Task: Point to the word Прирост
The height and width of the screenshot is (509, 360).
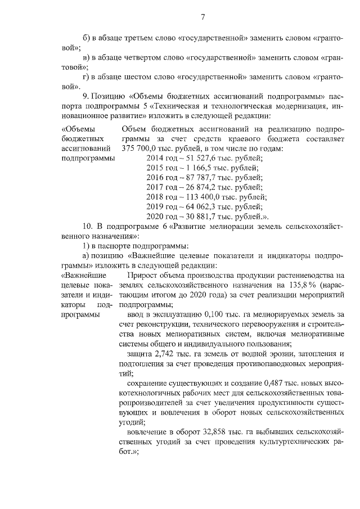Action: click(143, 276)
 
